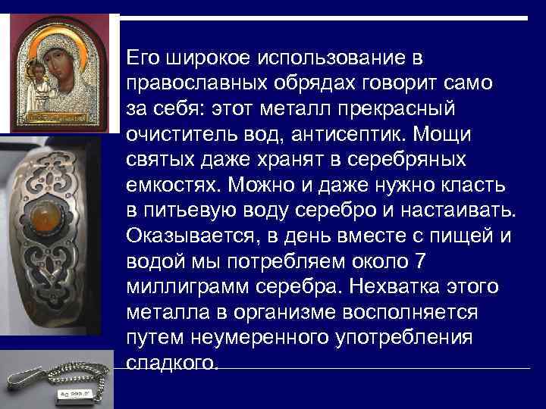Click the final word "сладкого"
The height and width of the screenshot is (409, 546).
point(171,363)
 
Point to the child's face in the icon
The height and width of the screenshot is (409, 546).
point(36,70)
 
